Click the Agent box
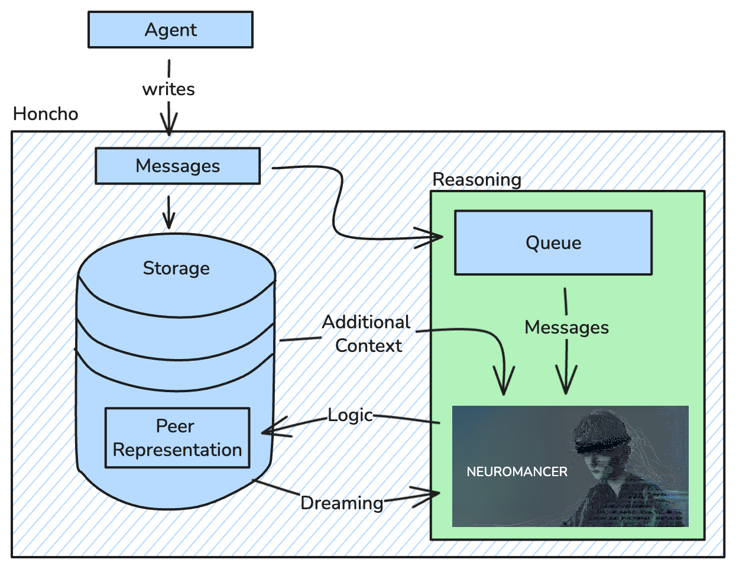click(x=170, y=30)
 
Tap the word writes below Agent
click(x=168, y=89)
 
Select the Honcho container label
click(x=46, y=114)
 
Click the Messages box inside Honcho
click(x=177, y=166)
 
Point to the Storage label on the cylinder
click(x=176, y=268)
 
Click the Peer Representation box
click(x=177, y=438)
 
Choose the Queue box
click(x=553, y=243)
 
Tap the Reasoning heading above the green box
click(x=477, y=179)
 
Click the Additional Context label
click(x=367, y=334)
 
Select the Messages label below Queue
click(x=566, y=327)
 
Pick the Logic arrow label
click(x=350, y=415)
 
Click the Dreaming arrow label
click(x=342, y=503)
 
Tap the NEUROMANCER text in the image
click(x=517, y=471)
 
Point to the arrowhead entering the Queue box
click(x=435, y=237)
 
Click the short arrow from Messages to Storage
click(x=169, y=213)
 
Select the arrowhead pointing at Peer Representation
click(x=270, y=430)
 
